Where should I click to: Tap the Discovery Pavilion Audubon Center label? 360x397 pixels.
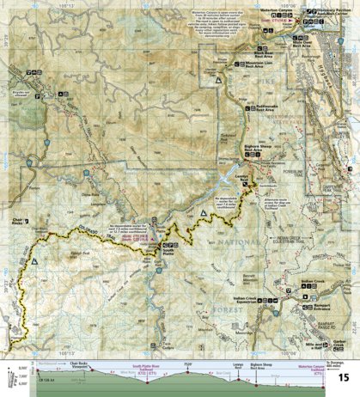click(x=330, y=13)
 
